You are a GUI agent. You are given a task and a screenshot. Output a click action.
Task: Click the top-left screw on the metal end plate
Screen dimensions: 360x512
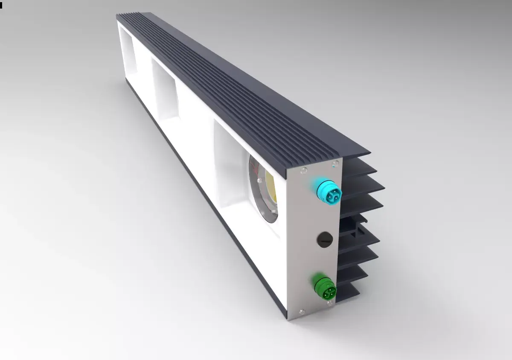click(x=303, y=171)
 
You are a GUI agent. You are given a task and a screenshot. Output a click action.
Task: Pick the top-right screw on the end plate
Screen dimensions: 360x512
click(x=336, y=163)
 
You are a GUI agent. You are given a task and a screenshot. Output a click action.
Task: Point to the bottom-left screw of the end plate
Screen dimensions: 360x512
click(x=302, y=311)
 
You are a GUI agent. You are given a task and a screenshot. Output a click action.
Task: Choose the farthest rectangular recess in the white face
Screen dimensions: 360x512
click(x=128, y=51)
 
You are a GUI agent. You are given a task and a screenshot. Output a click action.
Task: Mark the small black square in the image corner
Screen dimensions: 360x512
click(x=1, y=6)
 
